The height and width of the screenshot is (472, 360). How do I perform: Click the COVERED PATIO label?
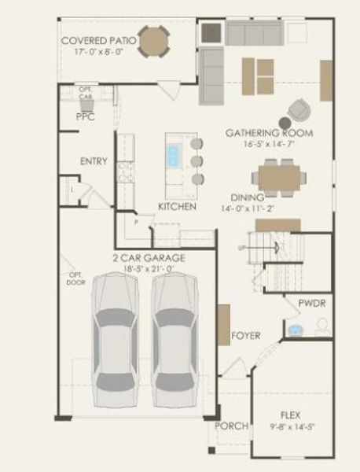(x=99, y=39)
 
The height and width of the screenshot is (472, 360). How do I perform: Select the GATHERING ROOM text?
(x=268, y=133)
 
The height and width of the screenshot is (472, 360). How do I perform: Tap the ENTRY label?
(x=94, y=161)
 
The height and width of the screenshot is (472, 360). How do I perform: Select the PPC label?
(x=85, y=116)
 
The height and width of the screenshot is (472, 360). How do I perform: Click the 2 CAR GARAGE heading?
(x=148, y=258)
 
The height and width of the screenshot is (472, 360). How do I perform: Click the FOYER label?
(x=245, y=336)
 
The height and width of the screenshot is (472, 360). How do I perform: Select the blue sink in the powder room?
(x=296, y=330)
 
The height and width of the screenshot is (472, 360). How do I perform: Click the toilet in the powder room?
(x=322, y=329)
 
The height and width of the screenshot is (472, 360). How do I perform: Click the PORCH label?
(x=232, y=426)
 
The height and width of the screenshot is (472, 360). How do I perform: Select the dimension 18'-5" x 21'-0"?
(x=149, y=270)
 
